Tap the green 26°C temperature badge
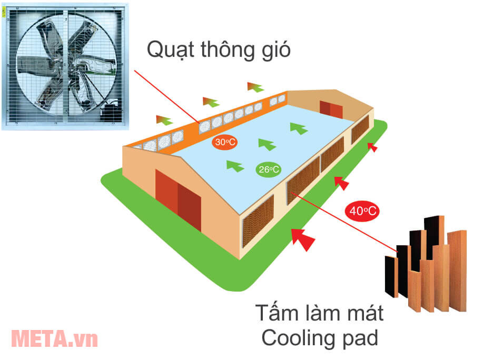coord(269,169)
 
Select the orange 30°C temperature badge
coord(224,142)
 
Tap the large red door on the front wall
coord(179,200)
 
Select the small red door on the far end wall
coord(330,108)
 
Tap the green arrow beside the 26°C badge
coord(235,166)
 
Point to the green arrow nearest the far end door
coord(299,127)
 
